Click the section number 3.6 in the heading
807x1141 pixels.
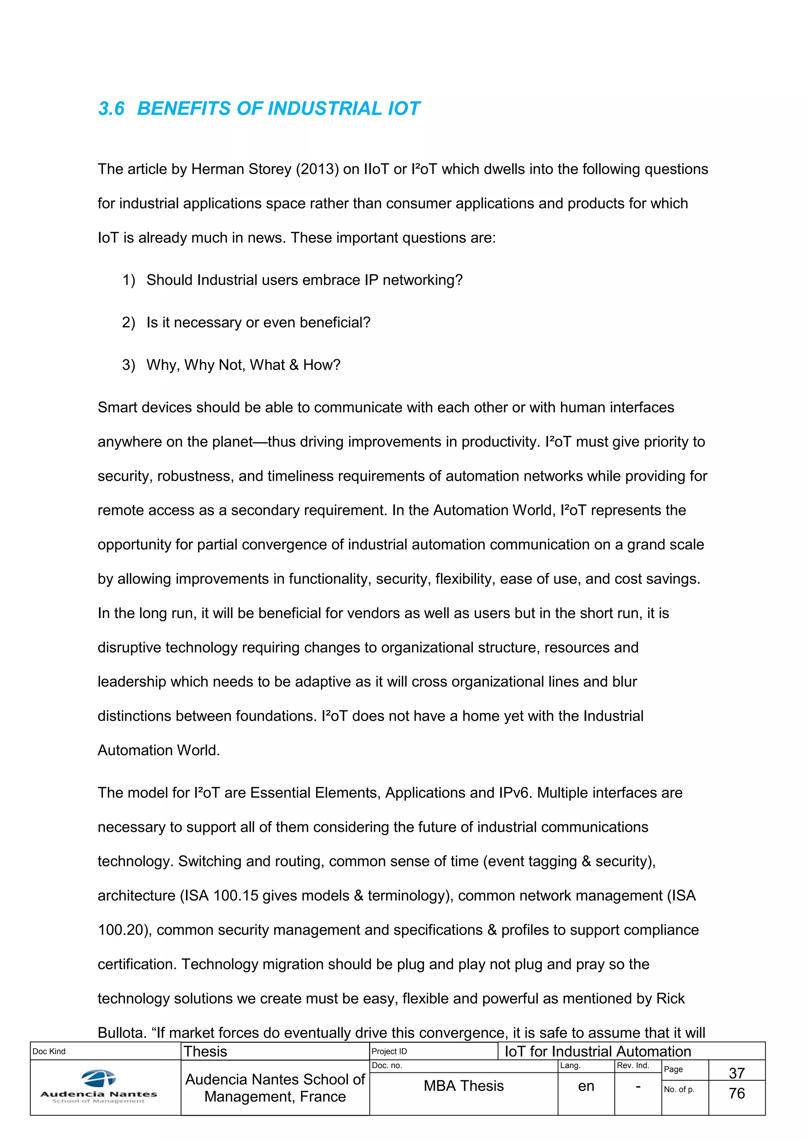click(x=111, y=109)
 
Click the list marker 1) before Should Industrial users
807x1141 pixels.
click(x=129, y=280)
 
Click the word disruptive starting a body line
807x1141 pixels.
click(x=129, y=648)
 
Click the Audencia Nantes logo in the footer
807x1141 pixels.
click(x=99, y=1087)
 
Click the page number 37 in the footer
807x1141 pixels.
click(x=736, y=1073)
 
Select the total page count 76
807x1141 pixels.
click(x=736, y=1093)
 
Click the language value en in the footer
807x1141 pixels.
click(x=586, y=1086)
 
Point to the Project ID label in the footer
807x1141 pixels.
click(x=389, y=1052)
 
